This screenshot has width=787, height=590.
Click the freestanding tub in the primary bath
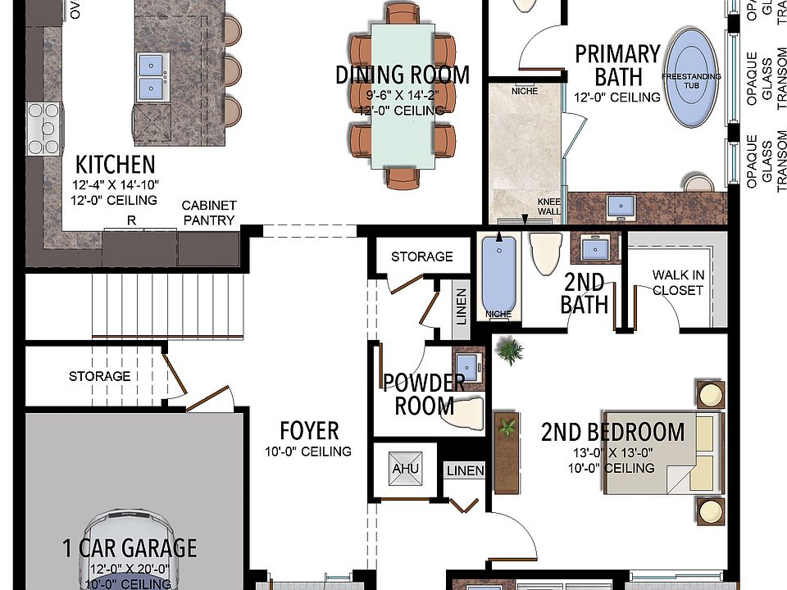pos(694,77)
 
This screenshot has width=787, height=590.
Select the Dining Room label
pos(403,75)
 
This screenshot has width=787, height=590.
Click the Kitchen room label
pos(115,163)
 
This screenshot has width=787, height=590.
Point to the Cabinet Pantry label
pos(209,213)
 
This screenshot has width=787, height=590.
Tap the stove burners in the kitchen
pos(44,121)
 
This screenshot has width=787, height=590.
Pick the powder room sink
pos(467,365)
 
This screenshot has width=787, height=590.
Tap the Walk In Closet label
pos(677,282)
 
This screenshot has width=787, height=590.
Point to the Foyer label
pos(309,431)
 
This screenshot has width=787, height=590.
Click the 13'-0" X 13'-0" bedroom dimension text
pos(613,452)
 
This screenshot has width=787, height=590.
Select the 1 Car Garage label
pos(130,548)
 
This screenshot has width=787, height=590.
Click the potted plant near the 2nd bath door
pos(510,352)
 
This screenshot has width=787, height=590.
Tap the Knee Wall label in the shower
pos(548,206)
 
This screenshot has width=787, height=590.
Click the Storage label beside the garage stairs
pos(99,376)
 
